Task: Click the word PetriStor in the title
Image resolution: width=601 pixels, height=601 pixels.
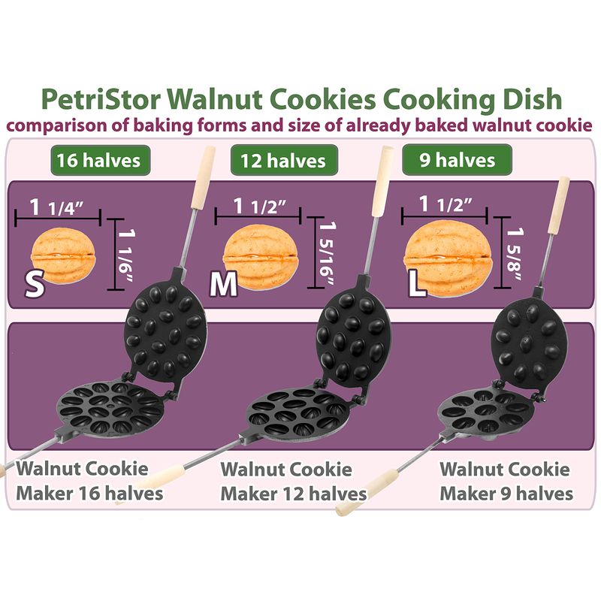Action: click(101, 99)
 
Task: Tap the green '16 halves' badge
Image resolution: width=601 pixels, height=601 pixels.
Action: click(100, 160)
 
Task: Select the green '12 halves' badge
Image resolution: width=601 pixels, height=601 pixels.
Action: click(284, 160)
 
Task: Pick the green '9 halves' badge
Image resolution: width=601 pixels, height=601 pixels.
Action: click(457, 159)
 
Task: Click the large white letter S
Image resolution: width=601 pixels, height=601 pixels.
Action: click(34, 284)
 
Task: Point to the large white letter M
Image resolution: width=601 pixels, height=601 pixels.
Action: click(224, 284)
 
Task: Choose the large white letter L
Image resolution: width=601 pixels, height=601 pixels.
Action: click(417, 284)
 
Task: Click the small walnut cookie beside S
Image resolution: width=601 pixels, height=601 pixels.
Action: click(63, 255)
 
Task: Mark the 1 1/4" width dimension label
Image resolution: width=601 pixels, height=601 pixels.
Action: click(57, 207)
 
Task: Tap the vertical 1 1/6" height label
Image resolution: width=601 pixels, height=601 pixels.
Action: click(127, 255)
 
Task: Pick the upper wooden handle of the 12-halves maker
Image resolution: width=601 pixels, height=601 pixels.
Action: click(383, 180)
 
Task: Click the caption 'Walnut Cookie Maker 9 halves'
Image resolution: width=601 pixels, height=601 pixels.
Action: click(506, 481)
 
